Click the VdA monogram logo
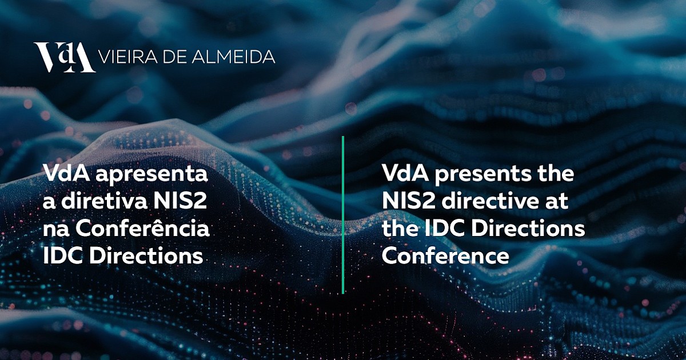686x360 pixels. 64,57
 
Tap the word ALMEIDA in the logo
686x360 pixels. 233,57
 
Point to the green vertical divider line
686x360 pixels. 343,215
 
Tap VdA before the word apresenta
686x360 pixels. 67,173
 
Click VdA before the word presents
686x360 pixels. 405,173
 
